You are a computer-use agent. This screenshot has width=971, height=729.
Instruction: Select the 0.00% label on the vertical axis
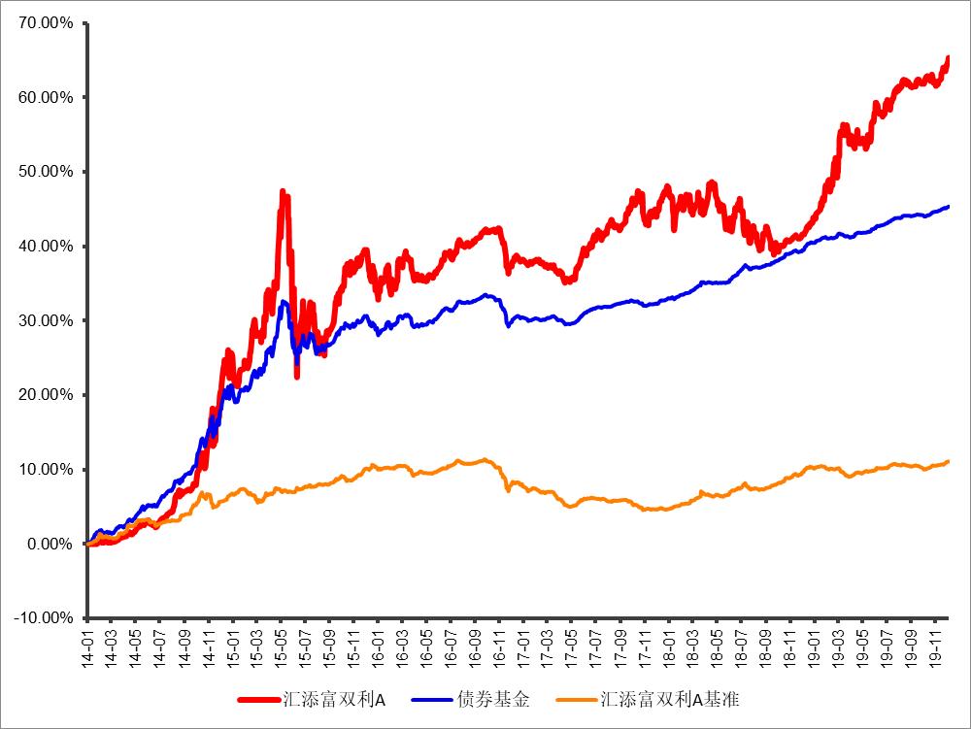coord(50,544)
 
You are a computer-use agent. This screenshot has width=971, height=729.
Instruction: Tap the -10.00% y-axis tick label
coord(43,618)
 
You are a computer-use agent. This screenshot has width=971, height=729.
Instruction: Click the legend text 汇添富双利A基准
coord(671,699)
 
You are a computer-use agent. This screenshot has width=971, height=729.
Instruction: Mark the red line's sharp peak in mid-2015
coord(283,192)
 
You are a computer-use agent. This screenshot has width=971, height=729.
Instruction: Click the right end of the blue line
coord(948,206)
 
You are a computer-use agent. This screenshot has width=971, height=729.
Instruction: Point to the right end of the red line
coord(948,59)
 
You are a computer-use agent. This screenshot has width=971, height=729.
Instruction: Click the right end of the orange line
coord(948,461)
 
